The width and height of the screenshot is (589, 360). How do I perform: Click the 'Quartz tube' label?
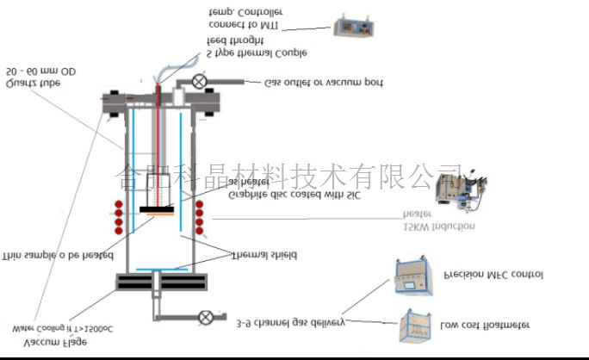click(x=32, y=84)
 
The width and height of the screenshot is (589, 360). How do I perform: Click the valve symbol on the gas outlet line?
click(x=200, y=82)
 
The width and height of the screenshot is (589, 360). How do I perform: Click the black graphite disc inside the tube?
click(x=158, y=208)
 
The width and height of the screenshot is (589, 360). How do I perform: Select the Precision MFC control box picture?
click(x=414, y=276)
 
